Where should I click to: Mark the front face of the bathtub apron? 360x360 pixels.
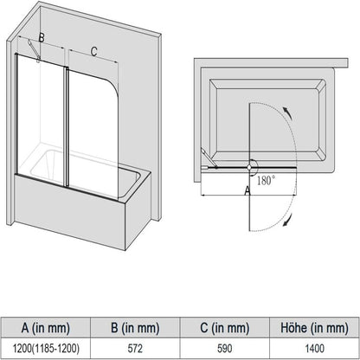pyautogui.click(x=87, y=216)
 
